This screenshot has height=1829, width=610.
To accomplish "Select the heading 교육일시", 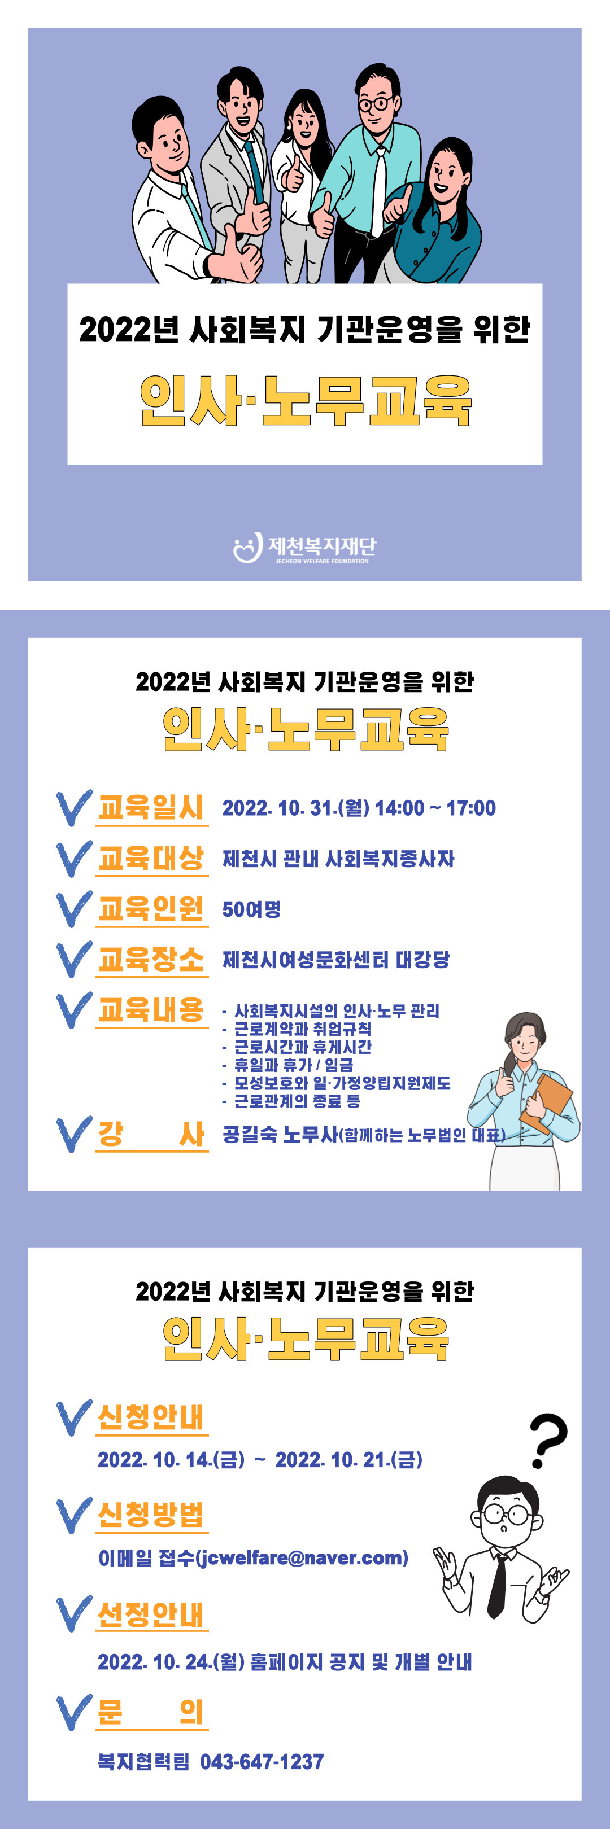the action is (x=151, y=807).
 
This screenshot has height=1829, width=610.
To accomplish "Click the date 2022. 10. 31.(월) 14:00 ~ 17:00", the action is (x=359, y=808).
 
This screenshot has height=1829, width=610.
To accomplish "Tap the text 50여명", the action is (x=251, y=909).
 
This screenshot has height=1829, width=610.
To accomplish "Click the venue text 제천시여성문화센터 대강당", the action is (x=336, y=960).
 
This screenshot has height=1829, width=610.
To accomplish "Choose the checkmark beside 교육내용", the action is (x=74, y=1010).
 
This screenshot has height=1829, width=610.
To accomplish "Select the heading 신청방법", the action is (x=151, y=1515).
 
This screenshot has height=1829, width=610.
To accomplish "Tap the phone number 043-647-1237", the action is (x=262, y=1762).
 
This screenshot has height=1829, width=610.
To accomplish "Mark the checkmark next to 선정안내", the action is (x=74, y=1614).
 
